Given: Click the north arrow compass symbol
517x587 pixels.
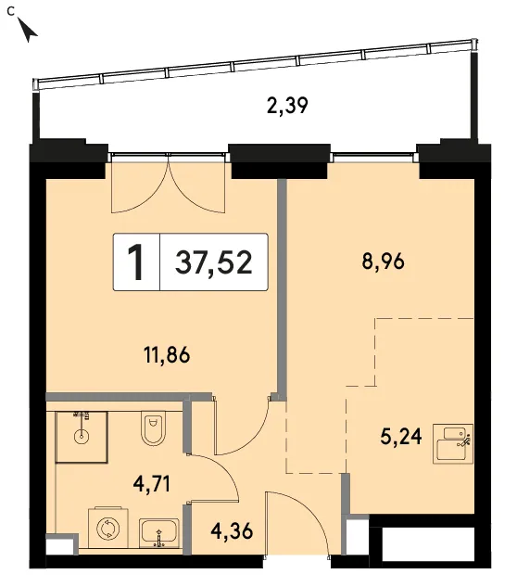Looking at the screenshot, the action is click(28, 31).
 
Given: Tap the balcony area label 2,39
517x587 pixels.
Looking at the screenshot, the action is click(287, 106).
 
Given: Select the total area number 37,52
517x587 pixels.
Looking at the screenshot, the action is click(214, 262).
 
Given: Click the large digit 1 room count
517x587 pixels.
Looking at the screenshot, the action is click(136, 262).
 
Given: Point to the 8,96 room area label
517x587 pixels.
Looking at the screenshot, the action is click(383, 262).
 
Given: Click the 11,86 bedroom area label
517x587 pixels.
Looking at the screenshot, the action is click(167, 355).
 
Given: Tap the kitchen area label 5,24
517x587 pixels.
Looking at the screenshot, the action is click(401, 437).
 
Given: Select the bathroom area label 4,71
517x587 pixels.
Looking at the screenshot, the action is click(152, 484).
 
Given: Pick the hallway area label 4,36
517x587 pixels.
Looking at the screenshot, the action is click(232, 531).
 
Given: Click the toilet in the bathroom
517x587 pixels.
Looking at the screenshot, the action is click(153, 428).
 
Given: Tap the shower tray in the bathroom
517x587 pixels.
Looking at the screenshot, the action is click(82, 437).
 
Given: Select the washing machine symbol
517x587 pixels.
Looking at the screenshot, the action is click(107, 529).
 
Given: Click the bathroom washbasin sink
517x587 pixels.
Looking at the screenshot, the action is click(159, 532).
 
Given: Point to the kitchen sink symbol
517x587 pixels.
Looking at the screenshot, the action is click(453, 444).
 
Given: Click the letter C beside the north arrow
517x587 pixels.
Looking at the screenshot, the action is click(11, 12).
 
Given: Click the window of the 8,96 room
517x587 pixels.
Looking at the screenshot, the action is click(374, 154).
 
